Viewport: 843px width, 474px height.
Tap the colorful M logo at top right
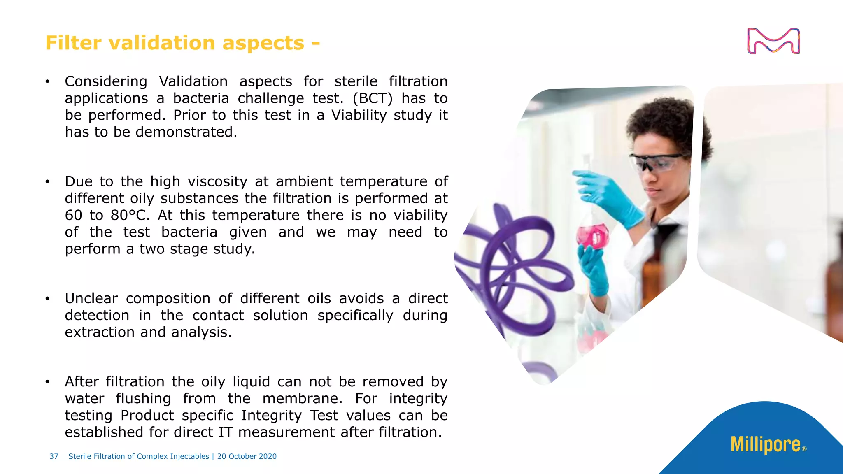click(773, 41)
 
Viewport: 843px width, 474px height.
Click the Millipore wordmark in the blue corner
click(766, 445)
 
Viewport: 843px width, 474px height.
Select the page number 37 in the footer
click(54, 456)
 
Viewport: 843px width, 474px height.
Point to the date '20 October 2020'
click(247, 456)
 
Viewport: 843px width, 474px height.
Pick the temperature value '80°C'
click(130, 215)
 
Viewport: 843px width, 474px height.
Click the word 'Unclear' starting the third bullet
click(91, 298)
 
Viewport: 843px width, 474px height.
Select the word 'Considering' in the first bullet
click(106, 81)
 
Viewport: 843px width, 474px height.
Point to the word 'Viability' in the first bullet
click(359, 115)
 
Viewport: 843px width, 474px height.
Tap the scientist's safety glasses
click(657, 162)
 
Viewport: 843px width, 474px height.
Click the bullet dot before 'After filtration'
click(48, 382)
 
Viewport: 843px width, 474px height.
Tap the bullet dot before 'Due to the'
click(48, 182)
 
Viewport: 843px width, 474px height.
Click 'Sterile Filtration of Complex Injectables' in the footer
click(139, 456)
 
